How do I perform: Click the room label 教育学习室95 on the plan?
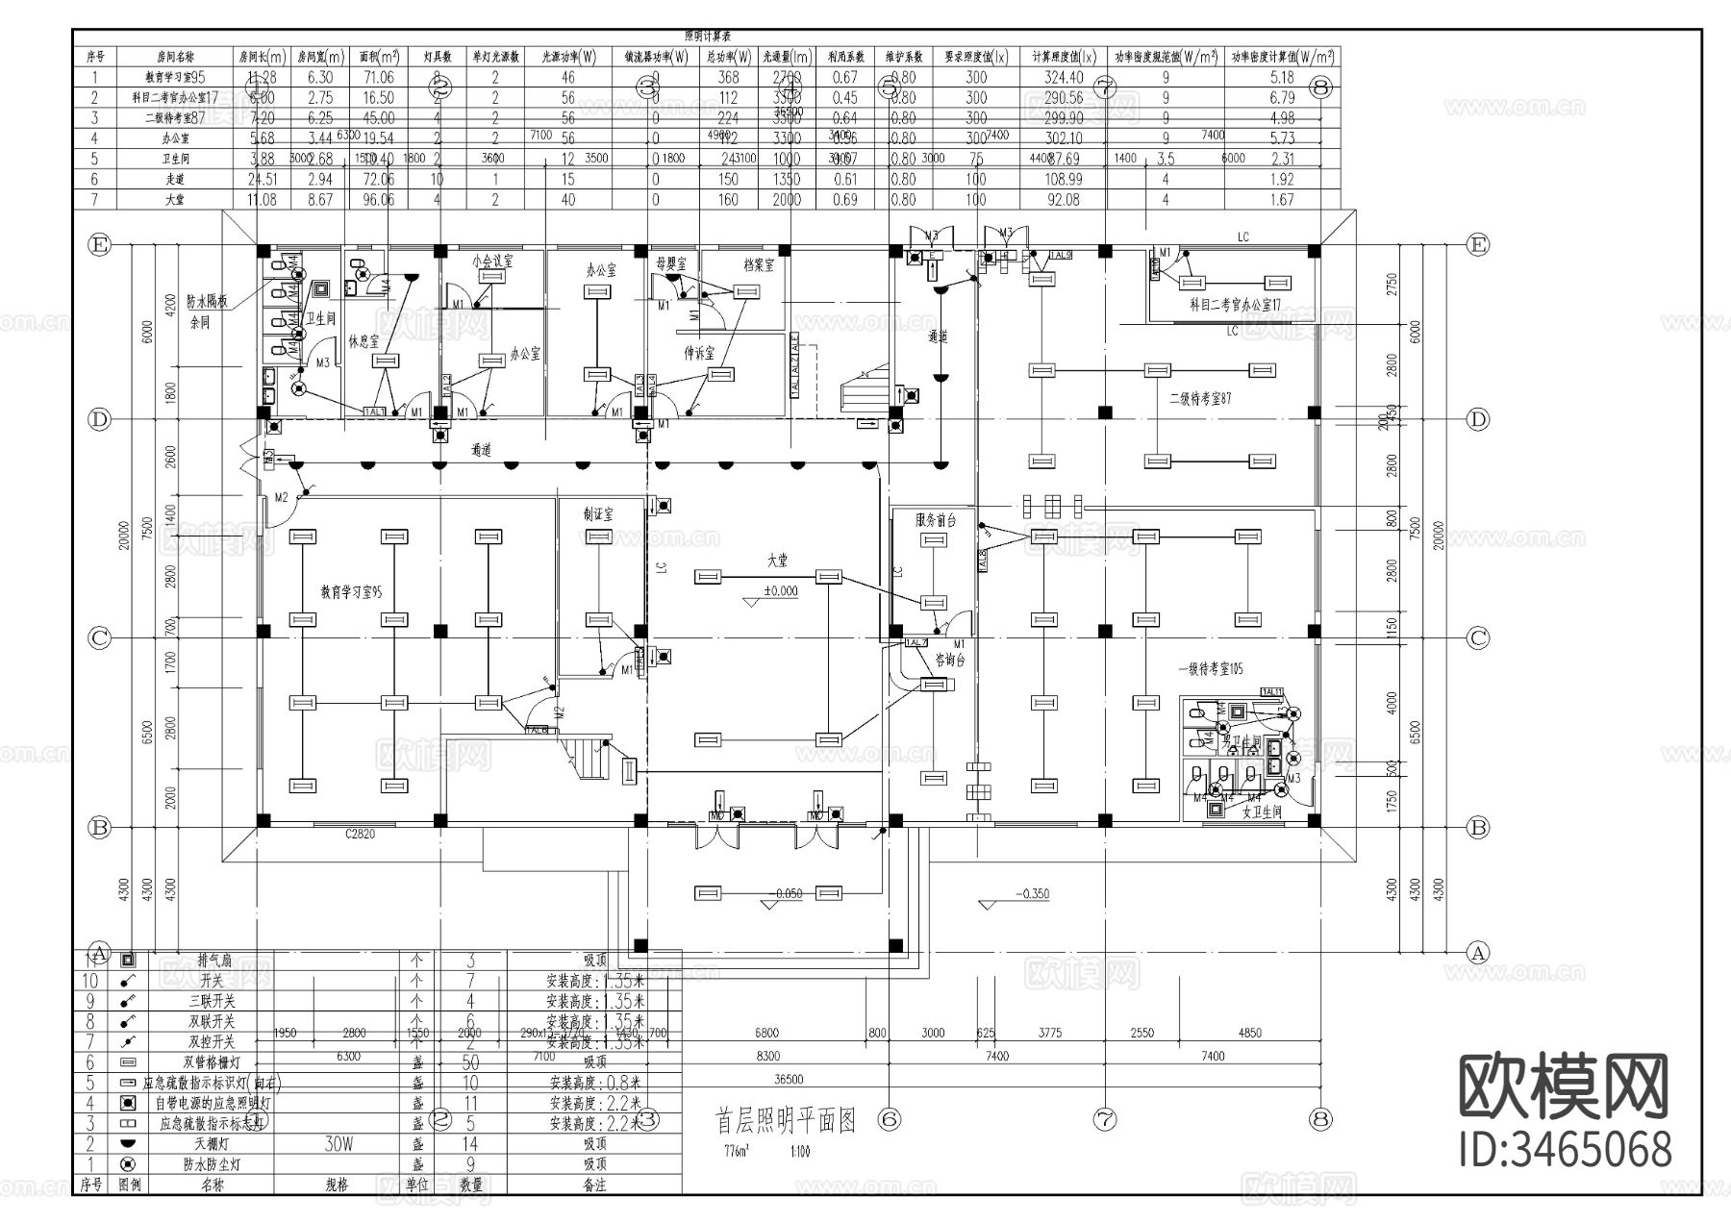(x=351, y=593)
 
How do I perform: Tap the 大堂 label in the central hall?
(x=777, y=559)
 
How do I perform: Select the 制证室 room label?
(x=597, y=514)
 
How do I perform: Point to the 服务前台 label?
(x=936, y=520)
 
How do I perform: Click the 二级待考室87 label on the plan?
(x=1199, y=397)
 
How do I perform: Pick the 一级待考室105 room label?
(x=1210, y=669)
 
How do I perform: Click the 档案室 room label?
(x=759, y=265)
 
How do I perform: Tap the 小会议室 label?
(x=492, y=262)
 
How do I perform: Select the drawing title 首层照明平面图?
(x=785, y=1121)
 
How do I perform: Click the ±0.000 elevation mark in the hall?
(x=780, y=591)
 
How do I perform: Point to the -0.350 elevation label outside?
(x=1032, y=893)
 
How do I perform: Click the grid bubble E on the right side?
(x=1477, y=245)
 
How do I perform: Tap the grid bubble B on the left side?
(x=98, y=827)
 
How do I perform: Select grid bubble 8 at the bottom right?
(x=1320, y=1119)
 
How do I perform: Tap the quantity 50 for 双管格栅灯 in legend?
(x=470, y=1062)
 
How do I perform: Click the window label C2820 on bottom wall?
(x=360, y=835)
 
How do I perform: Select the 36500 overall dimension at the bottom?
(x=788, y=1079)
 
